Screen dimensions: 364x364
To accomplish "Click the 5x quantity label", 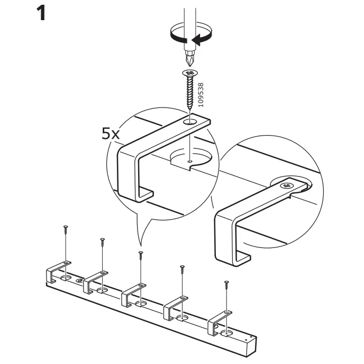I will pyautogui.click(x=111, y=133).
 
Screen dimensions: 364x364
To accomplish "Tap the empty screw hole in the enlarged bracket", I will pyautogui.click(x=189, y=122).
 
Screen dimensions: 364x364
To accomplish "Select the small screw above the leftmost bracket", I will pyautogui.click(x=66, y=230).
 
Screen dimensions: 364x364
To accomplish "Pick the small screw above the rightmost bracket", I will pyautogui.click(x=226, y=285).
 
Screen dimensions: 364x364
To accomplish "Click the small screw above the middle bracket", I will pyautogui.click(x=141, y=256).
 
